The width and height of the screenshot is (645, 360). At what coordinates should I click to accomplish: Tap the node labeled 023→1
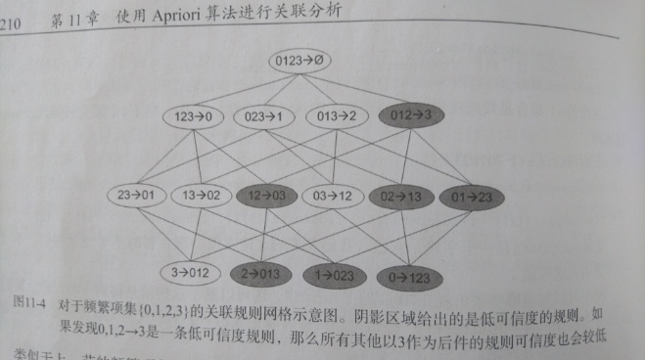[x=263, y=116]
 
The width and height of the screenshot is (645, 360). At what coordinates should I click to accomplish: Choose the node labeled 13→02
[x=204, y=195]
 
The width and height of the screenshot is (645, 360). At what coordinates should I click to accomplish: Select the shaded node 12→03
[x=266, y=196]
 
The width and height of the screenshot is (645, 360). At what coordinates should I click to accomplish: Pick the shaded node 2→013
[x=260, y=272]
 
